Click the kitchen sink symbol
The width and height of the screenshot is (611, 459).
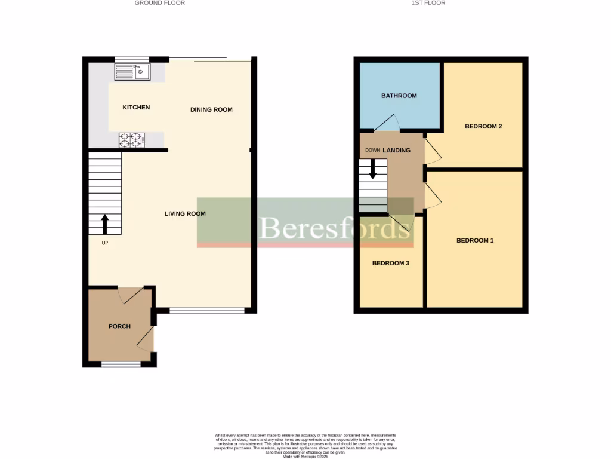[x=133, y=72]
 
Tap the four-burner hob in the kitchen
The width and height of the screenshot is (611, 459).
[x=132, y=140]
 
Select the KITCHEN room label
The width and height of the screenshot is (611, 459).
[x=136, y=108]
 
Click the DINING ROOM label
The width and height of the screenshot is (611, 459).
[x=211, y=109]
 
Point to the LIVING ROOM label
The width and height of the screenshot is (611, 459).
[x=185, y=214]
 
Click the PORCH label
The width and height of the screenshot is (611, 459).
[x=119, y=326]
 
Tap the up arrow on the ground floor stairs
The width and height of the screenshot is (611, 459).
[x=105, y=224]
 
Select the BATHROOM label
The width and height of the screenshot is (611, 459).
[x=399, y=96]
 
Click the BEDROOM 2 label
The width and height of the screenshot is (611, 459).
[x=483, y=127]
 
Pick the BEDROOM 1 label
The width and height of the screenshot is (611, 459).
[x=475, y=241]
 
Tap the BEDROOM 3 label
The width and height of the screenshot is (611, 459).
[x=390, y=264]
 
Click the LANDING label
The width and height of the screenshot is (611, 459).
[x=397, y=151]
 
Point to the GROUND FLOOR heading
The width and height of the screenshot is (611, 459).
[x=159, y=3]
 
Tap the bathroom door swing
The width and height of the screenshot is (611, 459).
[x=387, y=123]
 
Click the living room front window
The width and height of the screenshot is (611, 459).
[x=207, y=310]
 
